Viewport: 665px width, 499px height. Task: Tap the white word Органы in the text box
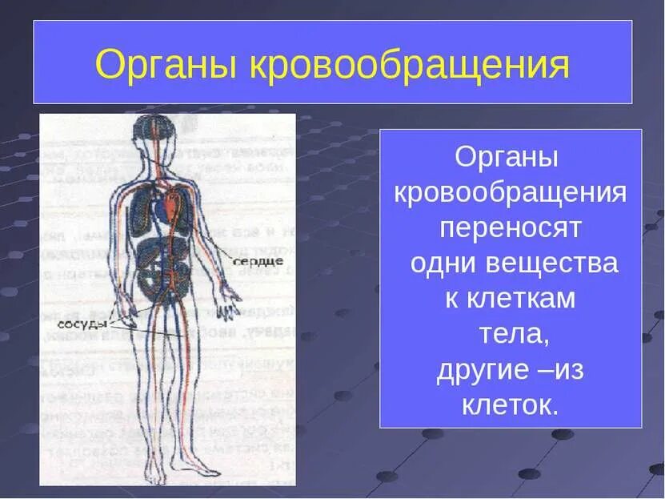point(506,156)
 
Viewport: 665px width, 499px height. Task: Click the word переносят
point(510,227)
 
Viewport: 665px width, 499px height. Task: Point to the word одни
point(441,263)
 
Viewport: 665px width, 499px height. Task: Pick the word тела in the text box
point(512,334)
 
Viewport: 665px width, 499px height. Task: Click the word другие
point(475,369)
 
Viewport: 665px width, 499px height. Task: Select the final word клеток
point(510,404)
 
